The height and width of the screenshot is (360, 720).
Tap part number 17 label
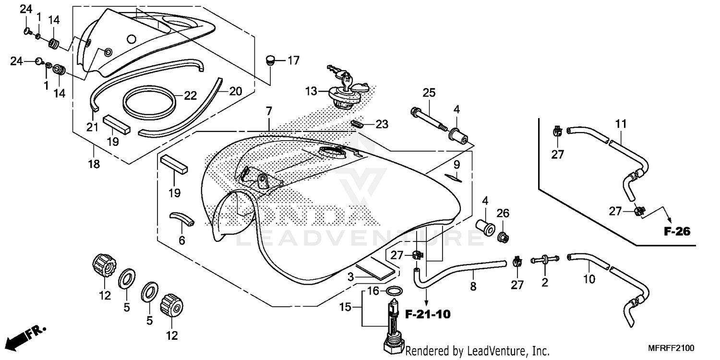tap(293, 60)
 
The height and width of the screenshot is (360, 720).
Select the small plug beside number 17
tap(270, 61)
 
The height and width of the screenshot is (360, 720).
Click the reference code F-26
tap(677, 232)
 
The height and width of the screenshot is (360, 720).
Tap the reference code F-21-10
tap(428, 315)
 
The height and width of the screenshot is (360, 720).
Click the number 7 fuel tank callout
tap(269, 112)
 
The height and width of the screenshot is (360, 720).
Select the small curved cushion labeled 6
tap(183, 218)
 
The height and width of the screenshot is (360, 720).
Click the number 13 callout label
tap(311, 91)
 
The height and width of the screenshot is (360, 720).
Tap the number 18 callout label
tap(94, 164)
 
